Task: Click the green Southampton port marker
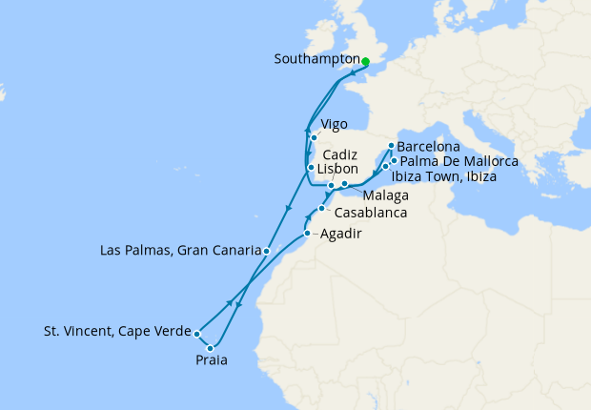(365, 61)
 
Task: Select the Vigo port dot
(313, 137)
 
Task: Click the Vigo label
(335, 124)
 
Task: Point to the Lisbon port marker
(310, 168)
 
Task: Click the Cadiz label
(340, 153)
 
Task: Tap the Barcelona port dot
(391, 146)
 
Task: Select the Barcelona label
(429, 148)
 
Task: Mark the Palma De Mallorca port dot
(393, 161)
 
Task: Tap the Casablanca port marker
(322, 209)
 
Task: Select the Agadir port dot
(307, 234)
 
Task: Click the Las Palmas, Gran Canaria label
(180, 252)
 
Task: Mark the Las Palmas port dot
(267, 251)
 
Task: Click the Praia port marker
(211, 348)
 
